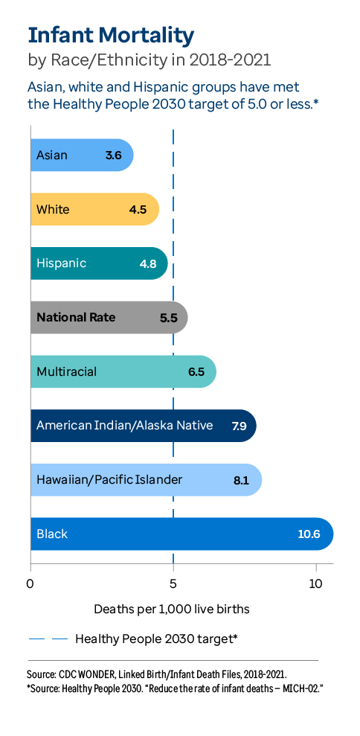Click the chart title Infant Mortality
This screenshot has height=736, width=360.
111,34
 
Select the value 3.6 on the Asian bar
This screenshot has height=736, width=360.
113,156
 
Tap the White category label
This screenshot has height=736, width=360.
53,209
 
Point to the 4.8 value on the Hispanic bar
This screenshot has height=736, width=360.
149,263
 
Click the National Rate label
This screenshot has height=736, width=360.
76,317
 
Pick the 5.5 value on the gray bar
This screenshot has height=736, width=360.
169,318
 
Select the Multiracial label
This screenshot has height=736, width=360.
67,371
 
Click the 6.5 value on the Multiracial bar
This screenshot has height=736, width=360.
196,371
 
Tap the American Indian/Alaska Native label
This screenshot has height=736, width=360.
124,426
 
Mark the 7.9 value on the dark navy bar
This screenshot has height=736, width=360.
239,426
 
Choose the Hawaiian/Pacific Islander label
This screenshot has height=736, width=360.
109,479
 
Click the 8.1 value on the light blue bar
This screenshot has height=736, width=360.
241,480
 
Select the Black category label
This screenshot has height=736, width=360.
52,534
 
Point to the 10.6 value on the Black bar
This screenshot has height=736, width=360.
310,534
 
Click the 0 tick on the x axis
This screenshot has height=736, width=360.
30,583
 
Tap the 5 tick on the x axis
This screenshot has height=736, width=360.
173,583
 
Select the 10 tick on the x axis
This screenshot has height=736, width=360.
315,583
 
